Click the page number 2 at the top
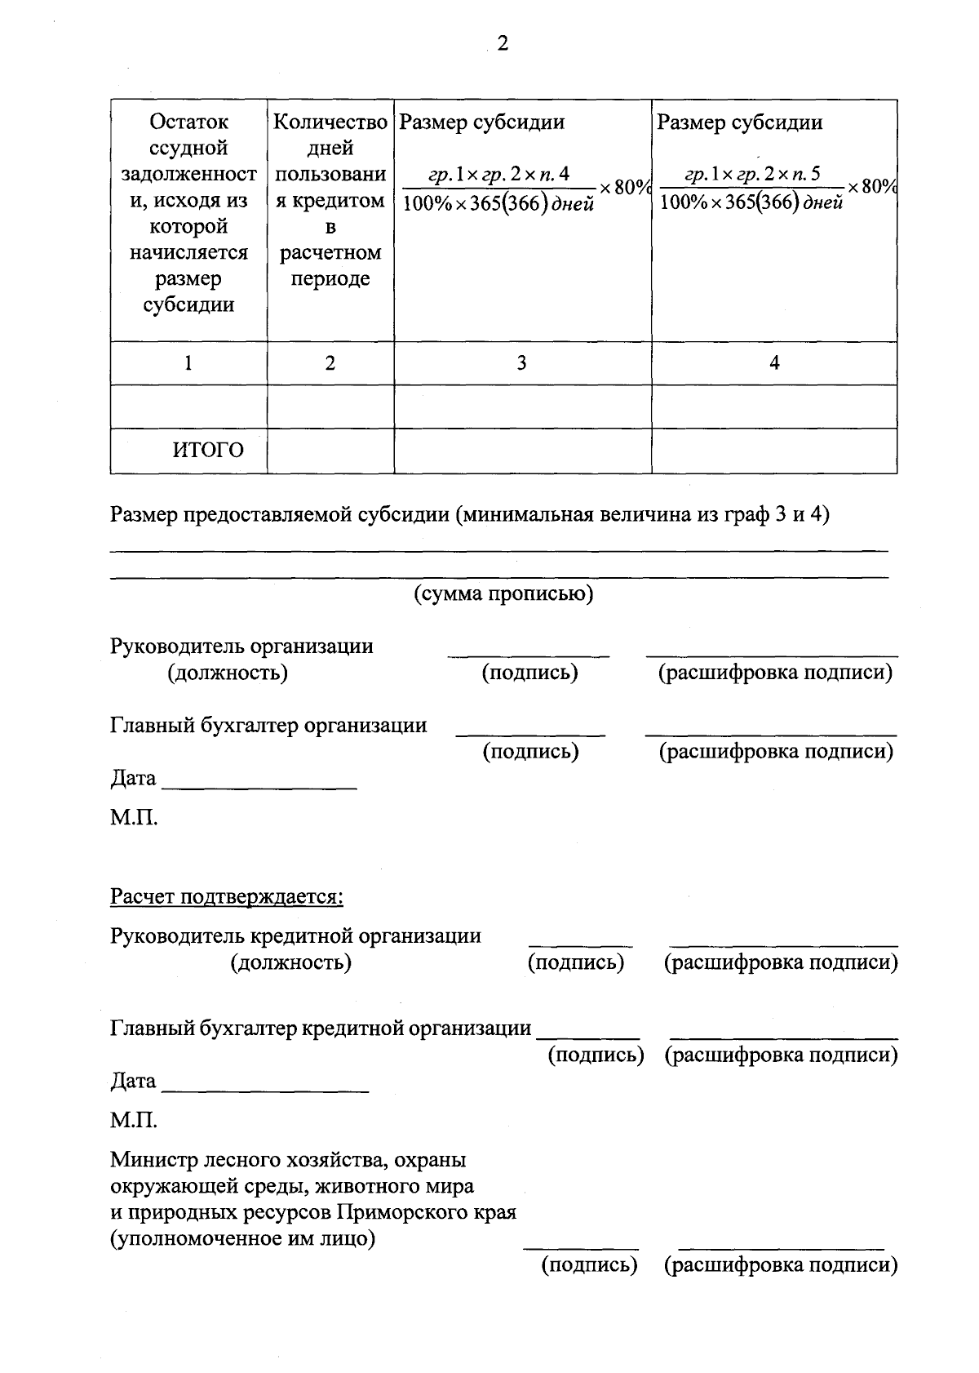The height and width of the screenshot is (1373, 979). tap(502, 44)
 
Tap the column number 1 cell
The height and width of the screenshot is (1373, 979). tap(188, 363)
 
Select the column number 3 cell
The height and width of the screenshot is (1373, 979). tap(521, 363)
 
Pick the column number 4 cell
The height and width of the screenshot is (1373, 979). tap(774, 363)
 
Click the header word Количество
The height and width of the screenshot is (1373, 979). tap(330, 122)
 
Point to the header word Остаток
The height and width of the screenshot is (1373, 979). tap(188, 122)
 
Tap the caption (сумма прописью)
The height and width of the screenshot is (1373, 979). tap(503, 593)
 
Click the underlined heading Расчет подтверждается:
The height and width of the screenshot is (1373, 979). tap(227, 897)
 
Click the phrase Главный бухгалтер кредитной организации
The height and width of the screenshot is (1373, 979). tap(321, 1029)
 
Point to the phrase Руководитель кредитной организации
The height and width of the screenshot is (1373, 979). tap(295, 936)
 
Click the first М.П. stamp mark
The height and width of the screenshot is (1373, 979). tap(134, 817)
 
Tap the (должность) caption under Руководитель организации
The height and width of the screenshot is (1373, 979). tap(227, 673)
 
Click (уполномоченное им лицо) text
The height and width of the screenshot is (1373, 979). tap(242, 1238)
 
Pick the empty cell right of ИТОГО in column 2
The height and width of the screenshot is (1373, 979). tap(330, 451)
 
